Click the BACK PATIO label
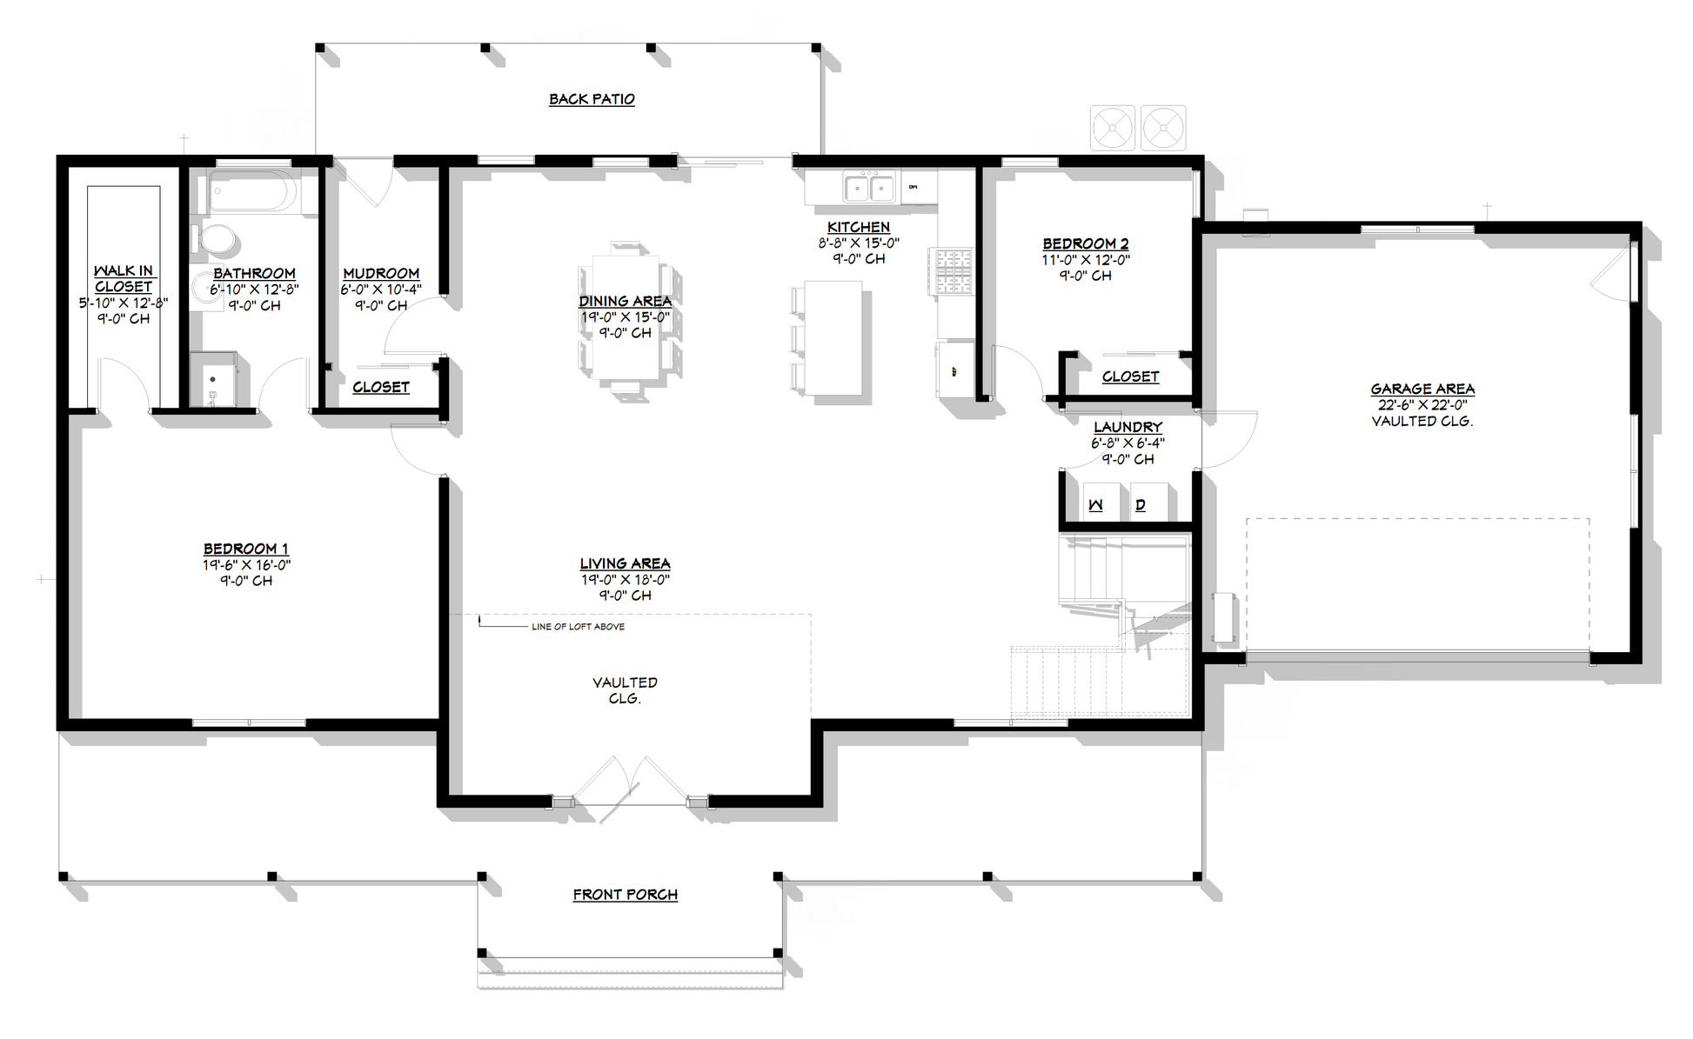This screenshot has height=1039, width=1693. [592, 99]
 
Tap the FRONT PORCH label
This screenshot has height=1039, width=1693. [625, 895]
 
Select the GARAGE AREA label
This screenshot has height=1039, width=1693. [1422, 390]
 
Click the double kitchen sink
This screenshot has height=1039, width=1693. [869, 187]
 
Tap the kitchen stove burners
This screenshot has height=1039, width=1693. [952, 271]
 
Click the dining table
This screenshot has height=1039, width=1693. [625, 317]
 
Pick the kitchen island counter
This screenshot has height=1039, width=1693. [833, 337]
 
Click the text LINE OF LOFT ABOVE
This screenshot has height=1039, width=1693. [578, 627]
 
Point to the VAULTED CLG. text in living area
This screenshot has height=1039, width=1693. [625, 690]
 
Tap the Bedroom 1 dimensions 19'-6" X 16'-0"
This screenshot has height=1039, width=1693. [246, 565]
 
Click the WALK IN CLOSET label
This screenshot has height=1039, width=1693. [124, 279]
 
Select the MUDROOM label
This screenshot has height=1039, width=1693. [381, 274]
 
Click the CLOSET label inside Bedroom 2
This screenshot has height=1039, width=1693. [1130, 376]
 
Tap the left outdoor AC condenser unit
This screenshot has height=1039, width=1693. [1113, 129]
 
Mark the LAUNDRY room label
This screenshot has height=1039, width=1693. [1128, 427]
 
